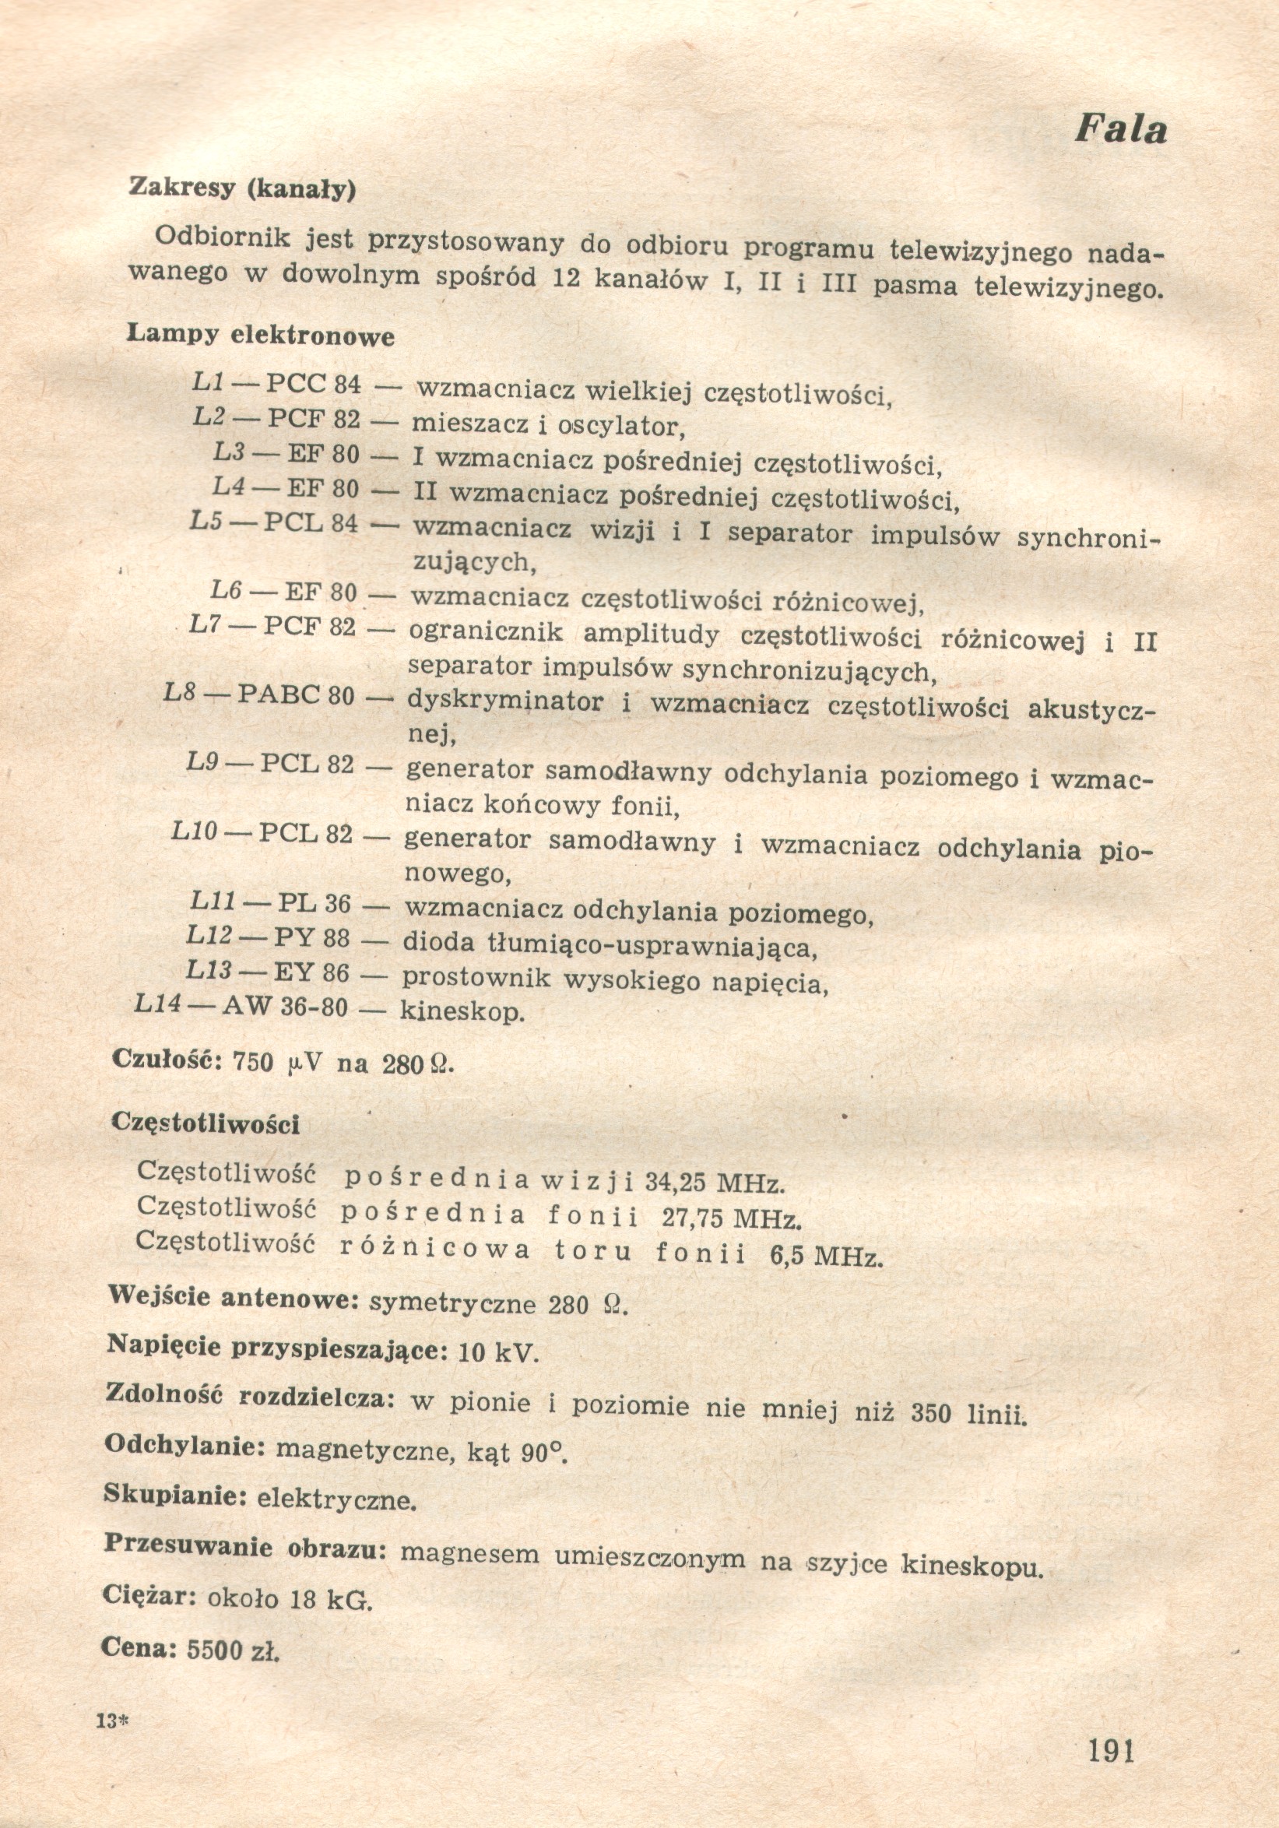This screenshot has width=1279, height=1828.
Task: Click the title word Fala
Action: coord(1121,129)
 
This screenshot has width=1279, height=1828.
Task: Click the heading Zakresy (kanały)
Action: coord(242,188)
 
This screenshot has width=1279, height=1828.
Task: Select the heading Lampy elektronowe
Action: coord(260,335)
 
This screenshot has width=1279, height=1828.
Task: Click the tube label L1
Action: coord(208,382)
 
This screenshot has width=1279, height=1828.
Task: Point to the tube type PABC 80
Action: coord(296,695)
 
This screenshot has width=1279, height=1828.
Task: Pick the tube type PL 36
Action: coord(314,904)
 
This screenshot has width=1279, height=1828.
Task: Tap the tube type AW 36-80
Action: coord(284,1007)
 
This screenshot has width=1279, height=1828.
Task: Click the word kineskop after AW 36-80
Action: coord(462,1012)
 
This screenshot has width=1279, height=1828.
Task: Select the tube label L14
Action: coord(157,1004)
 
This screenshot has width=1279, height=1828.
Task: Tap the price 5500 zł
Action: coord(233,1650)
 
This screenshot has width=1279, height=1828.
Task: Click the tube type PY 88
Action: coord(311,938)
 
